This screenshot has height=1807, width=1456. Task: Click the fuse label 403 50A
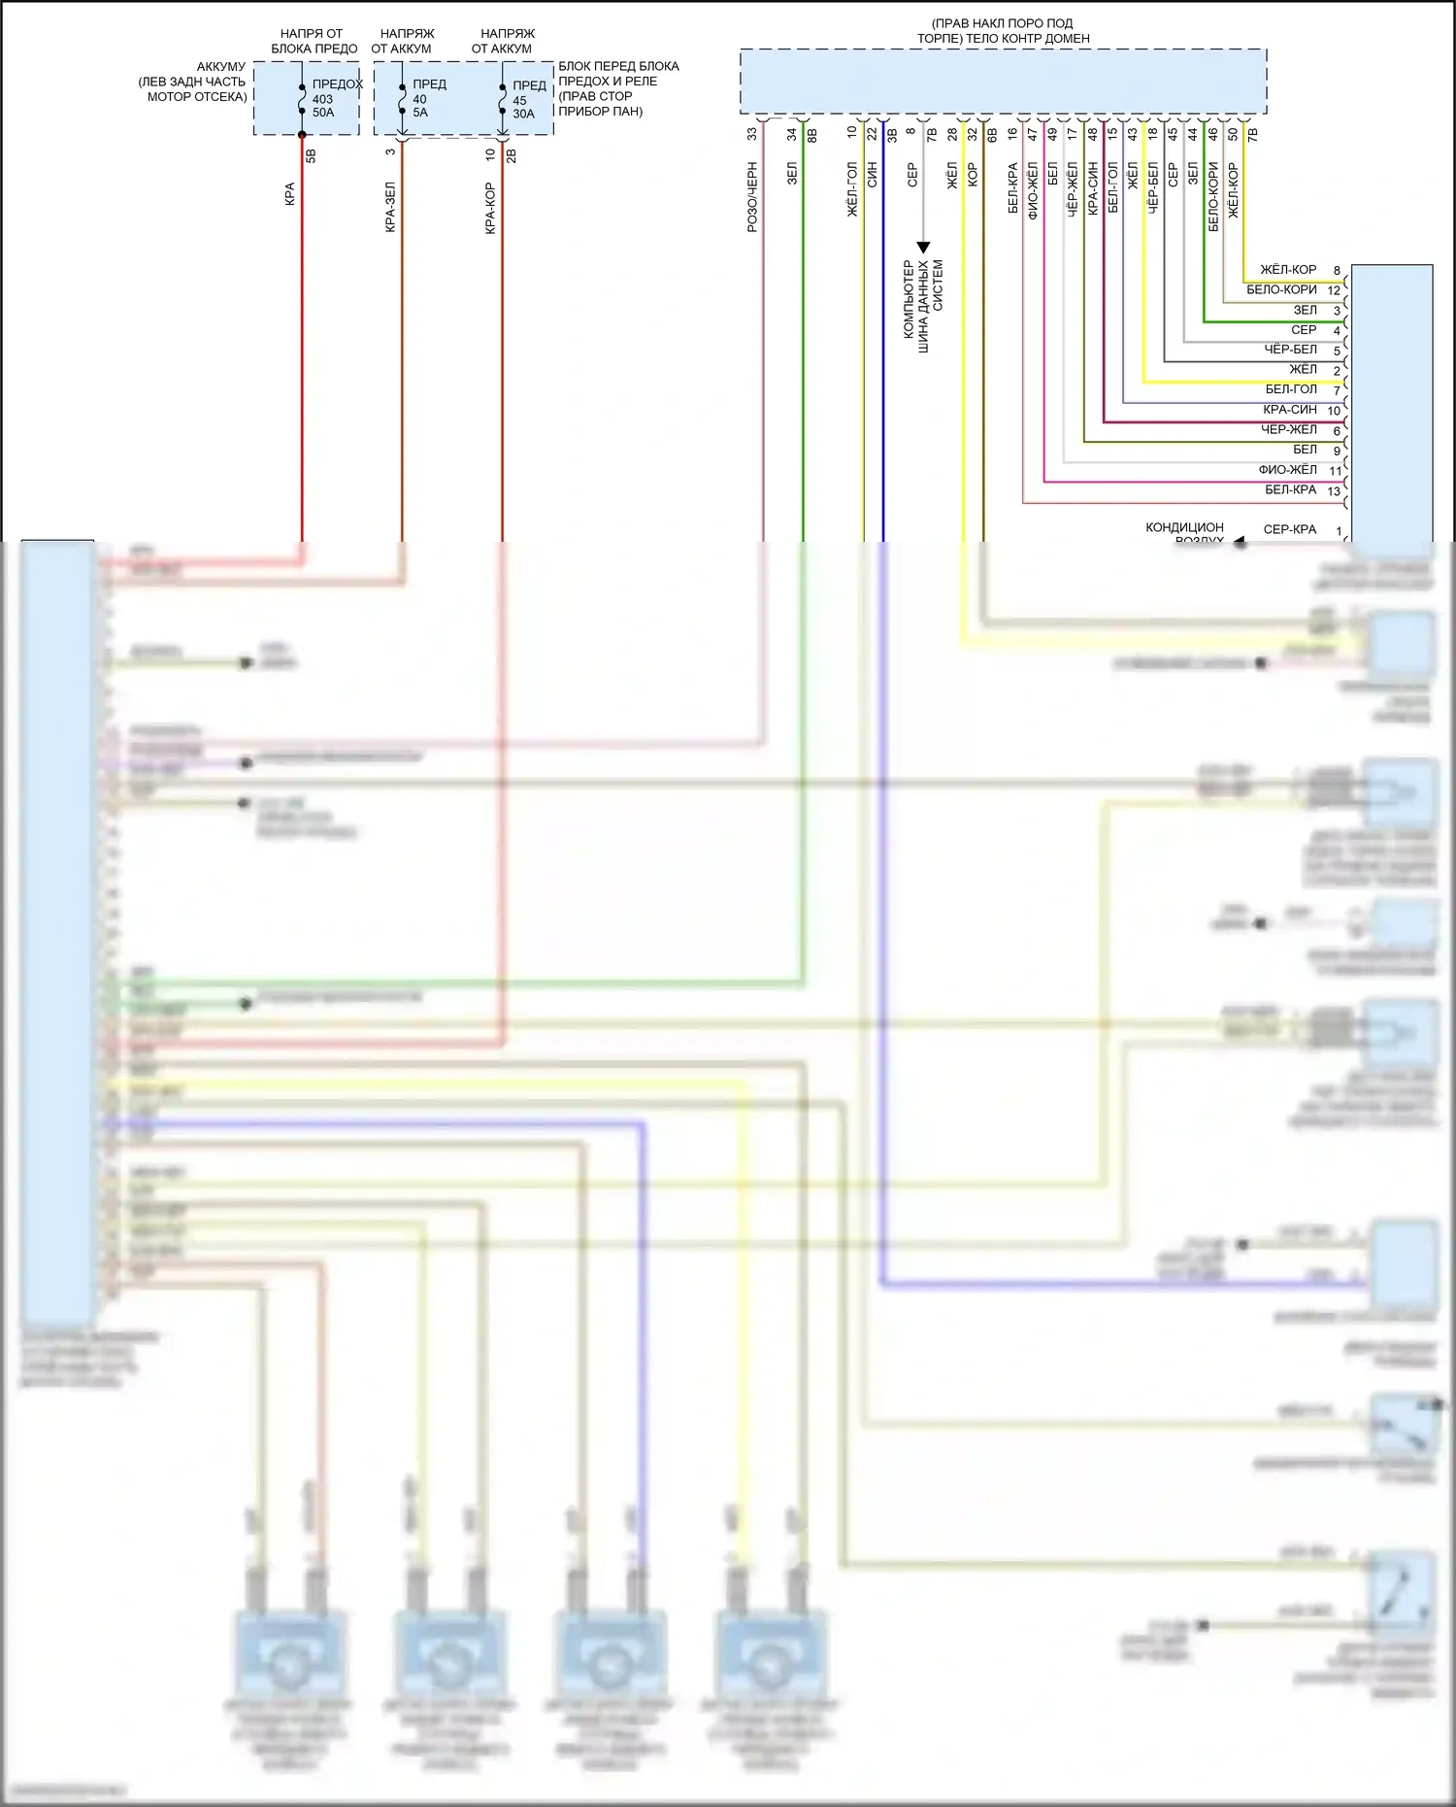pos(322,106)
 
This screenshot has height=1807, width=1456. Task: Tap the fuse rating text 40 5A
pos(419,106)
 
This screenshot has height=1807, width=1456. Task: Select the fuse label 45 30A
pos(522,107)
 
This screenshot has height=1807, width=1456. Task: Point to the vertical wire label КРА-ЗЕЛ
pos(390,207)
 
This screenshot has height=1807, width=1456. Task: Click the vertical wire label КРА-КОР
pos(490,208)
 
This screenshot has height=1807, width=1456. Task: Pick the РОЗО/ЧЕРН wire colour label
pos(752,197)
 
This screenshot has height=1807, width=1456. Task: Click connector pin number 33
pos(752,134)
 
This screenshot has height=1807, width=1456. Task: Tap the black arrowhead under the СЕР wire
pos(923,248)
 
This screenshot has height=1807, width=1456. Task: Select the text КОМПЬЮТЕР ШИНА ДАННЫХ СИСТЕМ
pos(922,299)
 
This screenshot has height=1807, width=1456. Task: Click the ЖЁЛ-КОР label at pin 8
pos(1288,270)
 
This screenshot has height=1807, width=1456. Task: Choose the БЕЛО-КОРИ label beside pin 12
pos(1281,289)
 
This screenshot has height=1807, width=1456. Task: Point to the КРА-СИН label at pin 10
pos(1290,410)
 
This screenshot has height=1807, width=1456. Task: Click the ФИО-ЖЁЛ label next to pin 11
pos(1287,470)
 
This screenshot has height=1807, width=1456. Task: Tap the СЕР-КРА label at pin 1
pos(1289,530)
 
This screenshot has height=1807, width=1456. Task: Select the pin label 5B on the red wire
pos(312,154)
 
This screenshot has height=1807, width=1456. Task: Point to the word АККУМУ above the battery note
pos(221,67)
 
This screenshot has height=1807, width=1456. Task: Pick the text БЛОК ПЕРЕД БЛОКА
pos(618,66)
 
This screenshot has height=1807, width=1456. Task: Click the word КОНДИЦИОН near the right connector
pos(1184,527)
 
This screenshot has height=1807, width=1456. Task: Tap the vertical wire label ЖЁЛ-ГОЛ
pos(852,189)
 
